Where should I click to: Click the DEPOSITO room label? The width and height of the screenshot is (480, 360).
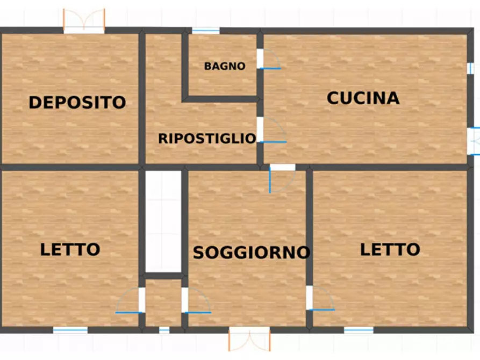tap(77, 102)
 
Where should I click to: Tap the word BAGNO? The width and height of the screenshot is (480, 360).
tap(225, 67)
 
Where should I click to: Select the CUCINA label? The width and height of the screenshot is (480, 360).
tap(363, 98)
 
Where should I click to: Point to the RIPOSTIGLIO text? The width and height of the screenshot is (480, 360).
tap(207, 139)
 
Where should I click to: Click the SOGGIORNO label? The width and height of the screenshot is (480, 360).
tap(252, 252)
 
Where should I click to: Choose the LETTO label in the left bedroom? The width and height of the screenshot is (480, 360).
tap(70, 249)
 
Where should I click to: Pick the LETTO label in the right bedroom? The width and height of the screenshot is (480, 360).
tap(390, 249)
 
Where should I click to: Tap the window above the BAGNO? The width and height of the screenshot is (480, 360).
tap(205, 31)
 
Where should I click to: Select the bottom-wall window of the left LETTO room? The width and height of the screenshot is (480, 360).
tap(70, 330)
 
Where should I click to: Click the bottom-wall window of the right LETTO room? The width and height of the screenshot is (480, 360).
tap(359, 330)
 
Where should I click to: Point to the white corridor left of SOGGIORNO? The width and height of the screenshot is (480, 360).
tap(164, 221)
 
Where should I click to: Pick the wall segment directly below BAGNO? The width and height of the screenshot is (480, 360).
tap(221, 99)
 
